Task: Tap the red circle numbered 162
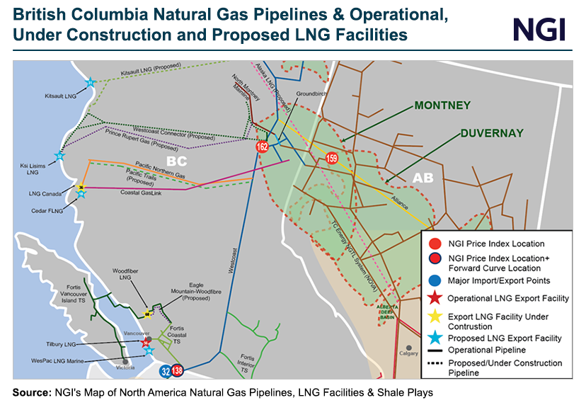pos(263,147)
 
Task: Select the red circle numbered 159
pos(332,158)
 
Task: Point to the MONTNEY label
pos(442,105)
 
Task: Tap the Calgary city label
pos(409,353)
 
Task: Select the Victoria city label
pos(125,368)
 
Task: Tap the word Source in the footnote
pos(32,392)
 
